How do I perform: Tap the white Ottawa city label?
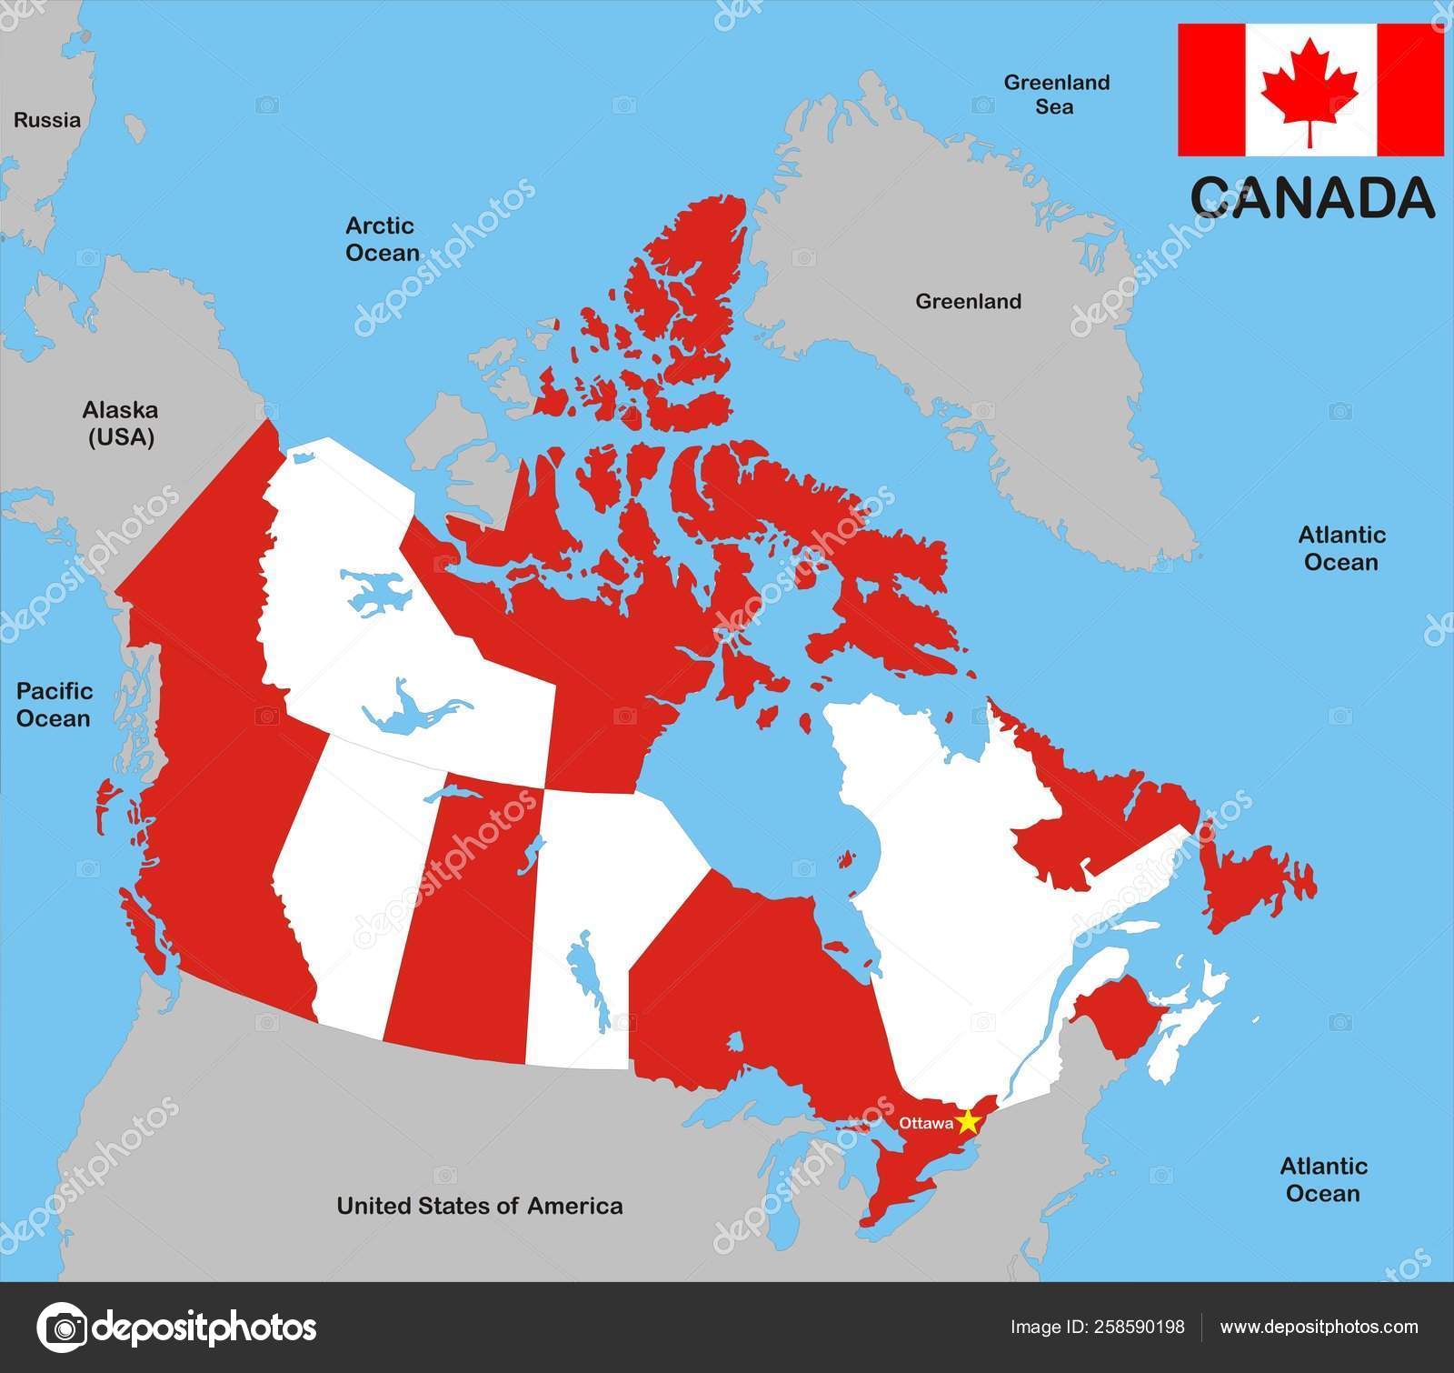925,1123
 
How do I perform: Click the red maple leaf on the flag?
1310,90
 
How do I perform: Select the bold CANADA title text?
1311,197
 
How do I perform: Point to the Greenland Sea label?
1056,95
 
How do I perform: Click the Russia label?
47,120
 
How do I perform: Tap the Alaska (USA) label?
121,424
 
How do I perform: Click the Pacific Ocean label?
55,705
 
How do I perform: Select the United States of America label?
480,1206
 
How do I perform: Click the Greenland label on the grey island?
968,301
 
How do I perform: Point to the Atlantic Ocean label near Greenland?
1341,548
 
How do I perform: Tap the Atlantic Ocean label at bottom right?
1323,1179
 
